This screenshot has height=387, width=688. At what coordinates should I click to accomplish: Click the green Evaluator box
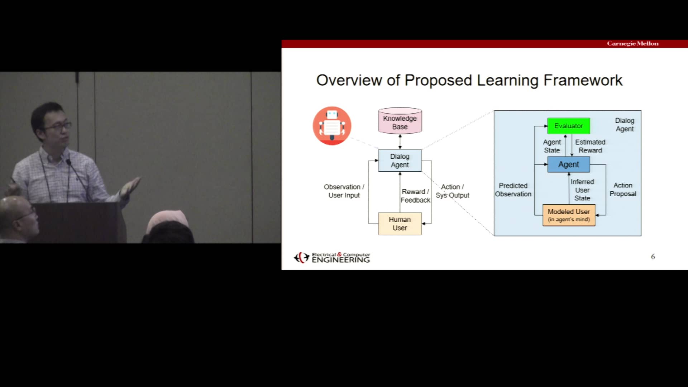pyautogui.click(x=568, y=126)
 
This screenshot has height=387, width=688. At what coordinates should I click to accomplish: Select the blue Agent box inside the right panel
pyautogui.click(x=568, y=164)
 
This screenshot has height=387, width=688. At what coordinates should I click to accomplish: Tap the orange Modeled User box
pyautogui.click(x=569, y=215)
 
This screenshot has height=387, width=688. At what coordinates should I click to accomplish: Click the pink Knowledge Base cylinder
pyautogui.click(x=400, y=121)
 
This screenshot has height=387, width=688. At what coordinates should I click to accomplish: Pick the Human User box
pyautogui.click(x=400, y=224)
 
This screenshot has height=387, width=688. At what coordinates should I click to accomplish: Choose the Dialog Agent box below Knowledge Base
pyautogui.click(x=400, y=161)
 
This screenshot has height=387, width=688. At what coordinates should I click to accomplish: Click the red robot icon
pyautogui.click(x=332, y=126)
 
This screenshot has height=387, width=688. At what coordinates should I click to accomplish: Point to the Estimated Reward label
pyautogui.click(x=590, y=146)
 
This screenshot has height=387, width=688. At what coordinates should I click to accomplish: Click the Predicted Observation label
pyautogui.click(x=513, y=190)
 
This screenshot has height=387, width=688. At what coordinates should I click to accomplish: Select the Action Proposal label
pyautogui.click(x=623, y=190)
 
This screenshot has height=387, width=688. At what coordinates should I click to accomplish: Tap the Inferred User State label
pyautogui.click(x=582, y=190)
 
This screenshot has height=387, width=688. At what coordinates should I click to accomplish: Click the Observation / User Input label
pyautogui.click(x=344, y=191)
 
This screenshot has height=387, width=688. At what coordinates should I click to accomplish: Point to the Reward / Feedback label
pyautogui.click(x=415, y=196)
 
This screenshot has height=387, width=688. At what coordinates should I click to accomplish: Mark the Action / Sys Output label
pyautogui.click(x=452, y=191)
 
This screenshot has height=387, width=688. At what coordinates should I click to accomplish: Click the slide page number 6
pyautogui.click(x=653, y=257)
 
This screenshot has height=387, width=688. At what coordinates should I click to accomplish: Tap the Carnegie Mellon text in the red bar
pyautogui.click(x=632, y=43)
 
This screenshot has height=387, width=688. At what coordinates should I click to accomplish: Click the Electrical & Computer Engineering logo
pyautogui.click(x=332, y=257)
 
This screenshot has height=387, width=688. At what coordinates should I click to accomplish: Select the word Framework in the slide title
pyautogui.click(x=583, y=80)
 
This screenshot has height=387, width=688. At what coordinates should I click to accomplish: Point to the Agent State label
pyautogui.click(x=552, y=146)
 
